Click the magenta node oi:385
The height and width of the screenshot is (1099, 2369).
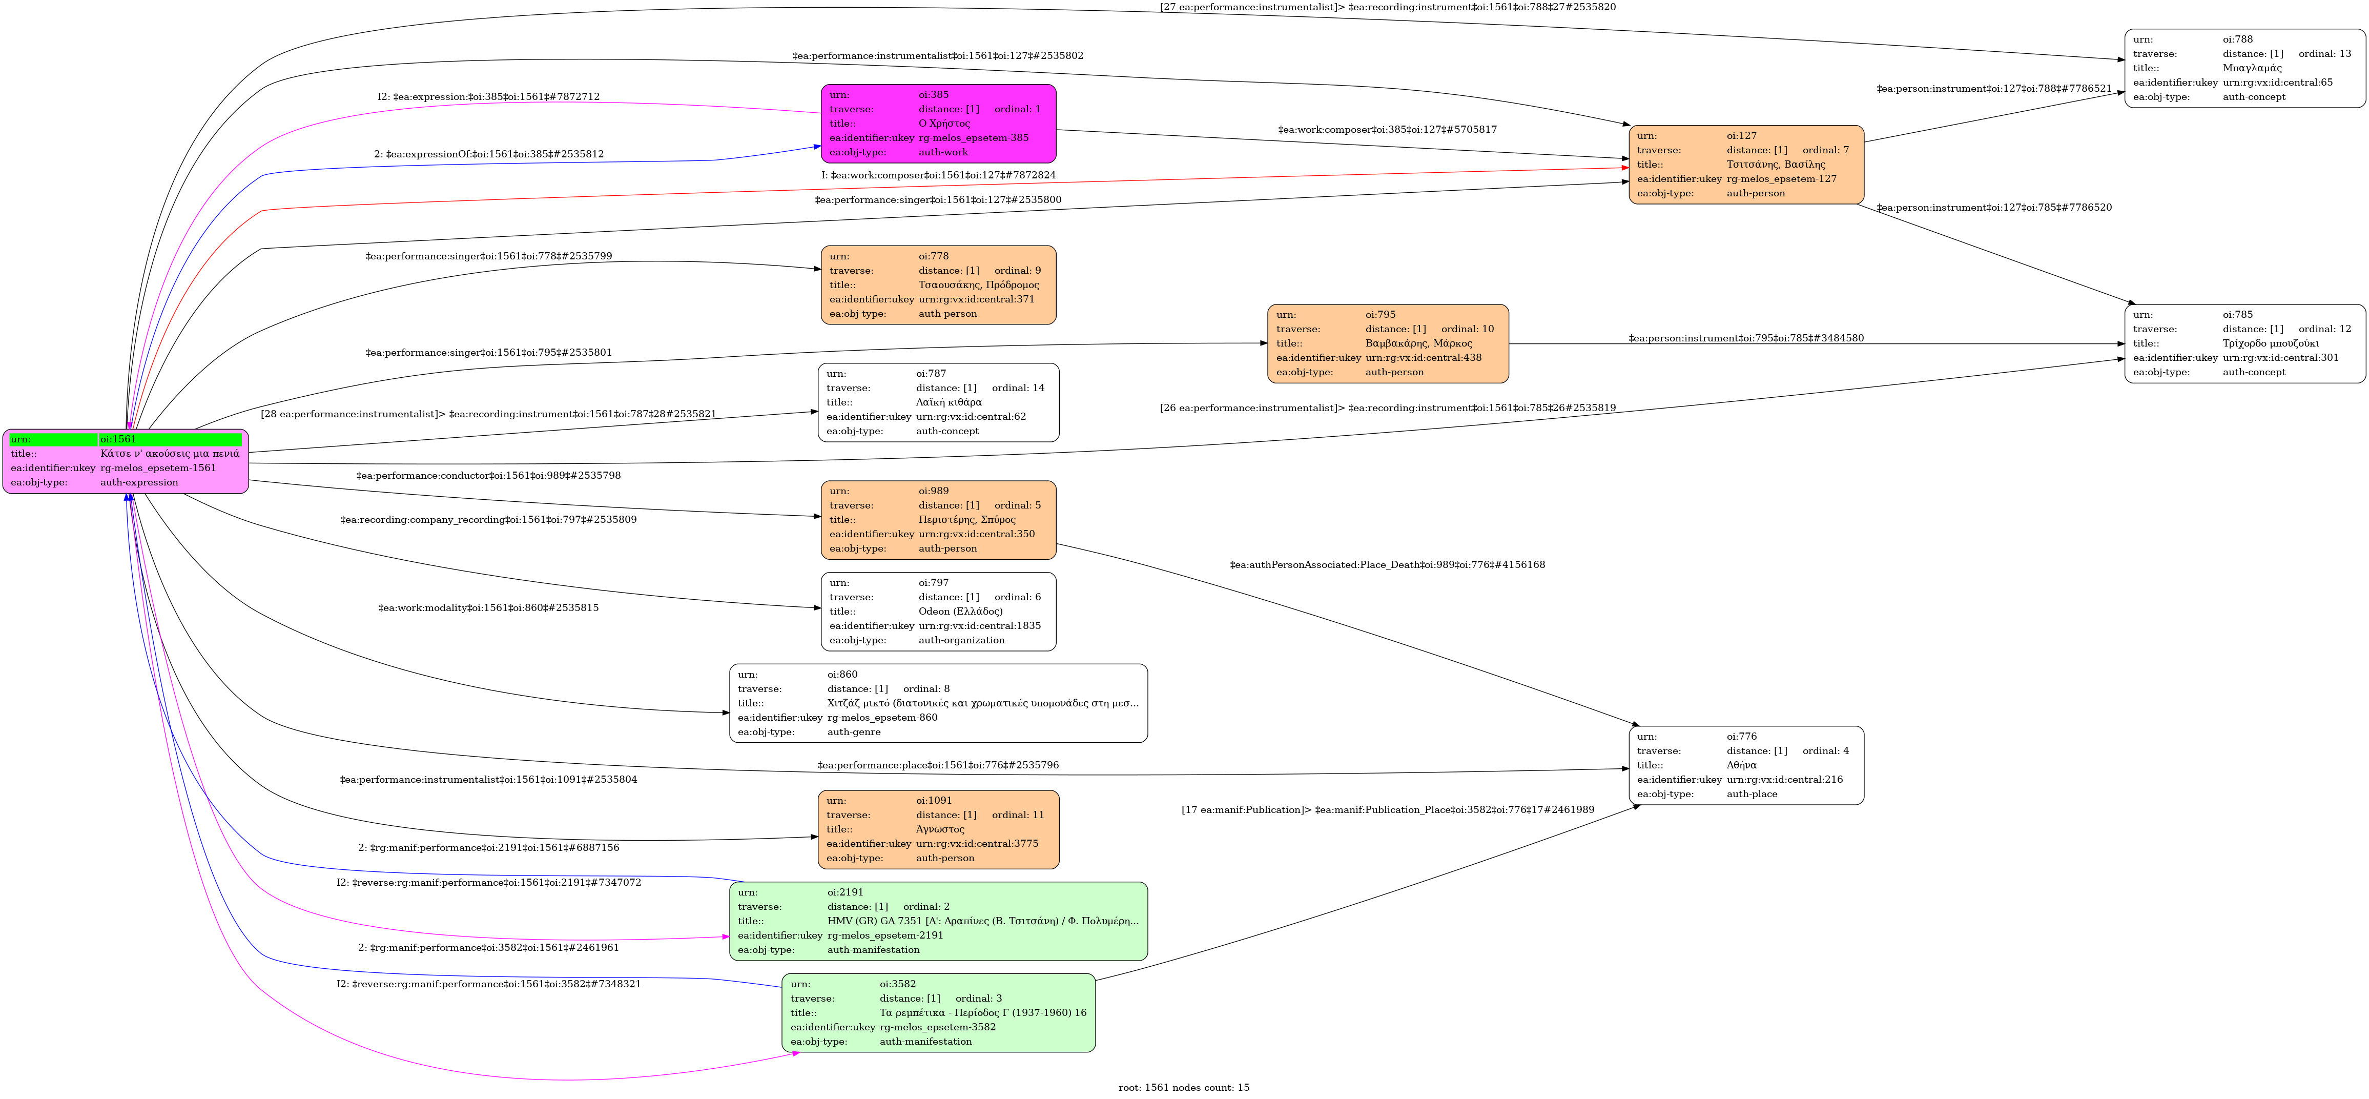[938, 123]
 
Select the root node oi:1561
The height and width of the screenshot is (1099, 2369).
[125, 461]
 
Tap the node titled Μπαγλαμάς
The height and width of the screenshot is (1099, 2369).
[2244, 68]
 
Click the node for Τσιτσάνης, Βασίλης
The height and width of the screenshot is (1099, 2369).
[1745, 165]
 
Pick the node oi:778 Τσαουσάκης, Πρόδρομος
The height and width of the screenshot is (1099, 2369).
[938, 285]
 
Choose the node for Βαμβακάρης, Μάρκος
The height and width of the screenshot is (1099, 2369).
[1387, 343]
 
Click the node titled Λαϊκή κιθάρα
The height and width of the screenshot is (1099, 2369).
[938, 402]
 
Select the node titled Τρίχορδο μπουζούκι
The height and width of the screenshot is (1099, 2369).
[2244, 343]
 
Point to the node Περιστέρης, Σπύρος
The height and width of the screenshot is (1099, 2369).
[938, 520]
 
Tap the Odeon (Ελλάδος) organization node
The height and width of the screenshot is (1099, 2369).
[938, 612]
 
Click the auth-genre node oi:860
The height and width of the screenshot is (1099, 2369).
[938, 703]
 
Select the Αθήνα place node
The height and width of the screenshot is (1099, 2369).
[1745, 765]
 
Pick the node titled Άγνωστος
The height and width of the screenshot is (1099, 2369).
[938, 829]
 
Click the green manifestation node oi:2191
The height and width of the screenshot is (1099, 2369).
[938, 921]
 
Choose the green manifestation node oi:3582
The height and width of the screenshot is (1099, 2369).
[938, 1012]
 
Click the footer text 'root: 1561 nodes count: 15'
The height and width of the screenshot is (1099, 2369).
[1184, 1087]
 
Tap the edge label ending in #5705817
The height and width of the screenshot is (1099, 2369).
[1387, 130]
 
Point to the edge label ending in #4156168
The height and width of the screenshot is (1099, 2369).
[1387, 565]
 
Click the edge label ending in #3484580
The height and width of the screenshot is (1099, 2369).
[1745, 338]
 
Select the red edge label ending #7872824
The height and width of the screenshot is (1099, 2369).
[938, 175]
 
